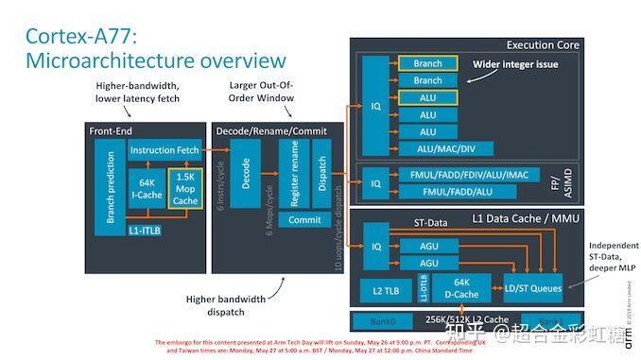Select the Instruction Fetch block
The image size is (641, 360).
165,150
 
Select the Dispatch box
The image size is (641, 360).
321,174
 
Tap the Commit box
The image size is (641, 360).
303,220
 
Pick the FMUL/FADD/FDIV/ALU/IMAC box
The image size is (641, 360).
460,176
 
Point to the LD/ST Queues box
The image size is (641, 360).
533,288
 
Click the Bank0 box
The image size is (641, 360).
383,322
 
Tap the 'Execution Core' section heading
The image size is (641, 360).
544,44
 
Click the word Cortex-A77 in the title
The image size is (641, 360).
81,36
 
